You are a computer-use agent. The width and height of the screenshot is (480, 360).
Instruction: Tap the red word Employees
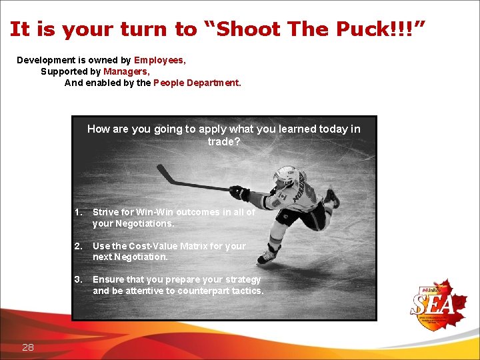point(159,60)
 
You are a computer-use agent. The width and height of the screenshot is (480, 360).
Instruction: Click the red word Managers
point(126,71)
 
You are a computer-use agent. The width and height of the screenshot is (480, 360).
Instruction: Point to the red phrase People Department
point(197,83)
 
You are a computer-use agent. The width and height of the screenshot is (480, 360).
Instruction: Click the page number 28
point(28,347)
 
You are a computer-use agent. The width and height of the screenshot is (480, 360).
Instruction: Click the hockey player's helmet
point(285,175)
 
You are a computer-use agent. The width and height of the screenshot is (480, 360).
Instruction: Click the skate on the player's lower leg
point(268,255)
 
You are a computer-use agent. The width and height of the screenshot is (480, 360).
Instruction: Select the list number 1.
point(78,212)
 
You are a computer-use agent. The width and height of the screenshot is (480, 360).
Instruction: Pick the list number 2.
point(78,246)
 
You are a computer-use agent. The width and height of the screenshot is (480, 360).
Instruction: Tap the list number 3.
point(78,279)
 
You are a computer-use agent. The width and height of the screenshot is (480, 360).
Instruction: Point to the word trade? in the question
point(223,142)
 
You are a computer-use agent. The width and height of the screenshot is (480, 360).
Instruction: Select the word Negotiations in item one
point(143,223)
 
